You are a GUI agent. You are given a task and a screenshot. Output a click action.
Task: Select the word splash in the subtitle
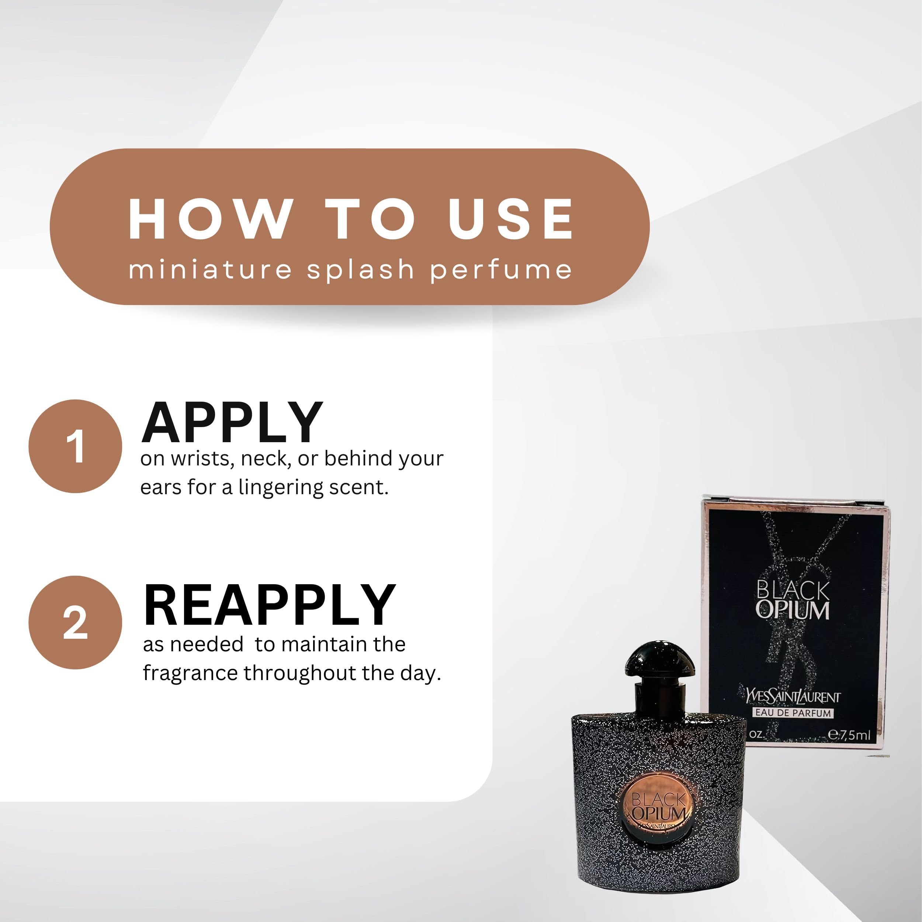coord(360,269)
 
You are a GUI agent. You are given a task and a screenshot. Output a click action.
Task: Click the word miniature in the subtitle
coord(210,269)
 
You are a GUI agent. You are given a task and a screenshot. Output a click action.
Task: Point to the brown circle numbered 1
coord(75,446)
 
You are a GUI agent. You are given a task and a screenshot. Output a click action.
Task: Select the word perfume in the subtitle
coord(501,270)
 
